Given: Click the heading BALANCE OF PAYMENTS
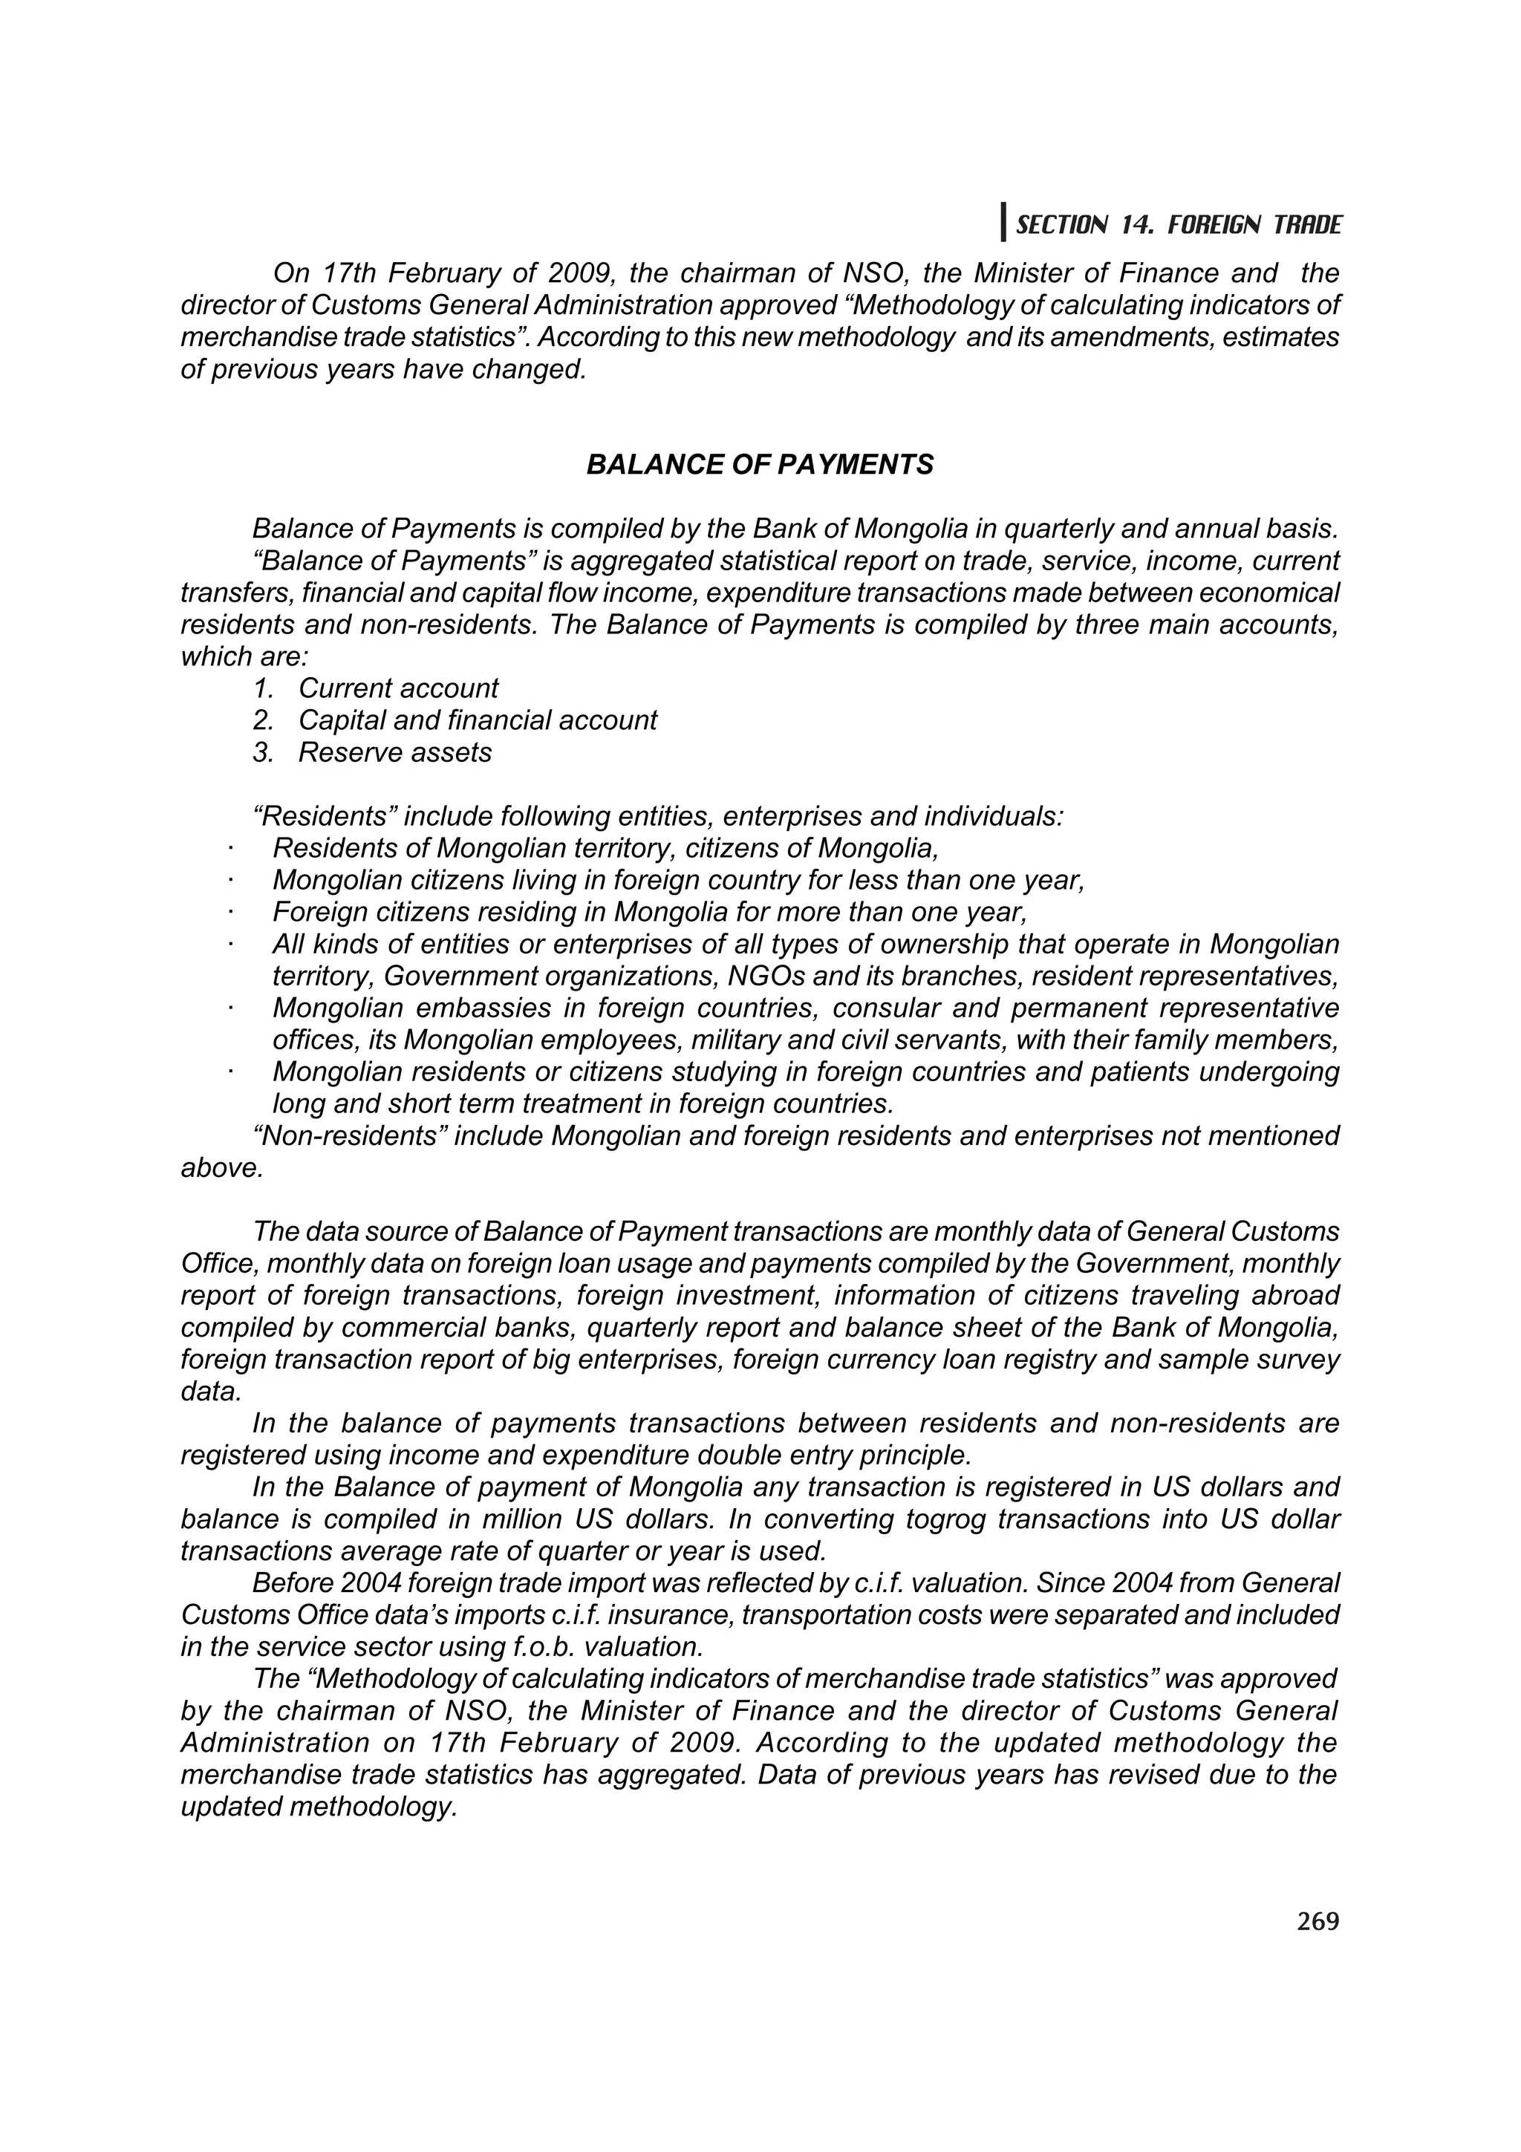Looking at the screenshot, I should click(x=759, y=465).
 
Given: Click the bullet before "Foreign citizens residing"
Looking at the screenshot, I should click(x=228, y=913).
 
